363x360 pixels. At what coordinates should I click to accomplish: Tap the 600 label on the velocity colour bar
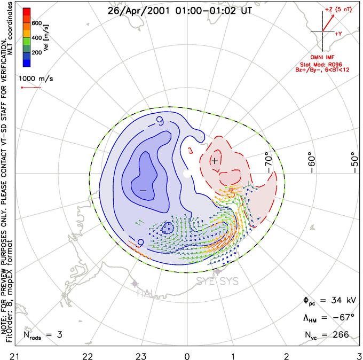tap(37, 22)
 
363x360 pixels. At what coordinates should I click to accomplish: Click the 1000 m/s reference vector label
tap(38, 78)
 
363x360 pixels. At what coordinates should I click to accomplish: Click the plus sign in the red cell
tap(215, 160)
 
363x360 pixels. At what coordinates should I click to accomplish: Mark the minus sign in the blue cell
tap(143, 190)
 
